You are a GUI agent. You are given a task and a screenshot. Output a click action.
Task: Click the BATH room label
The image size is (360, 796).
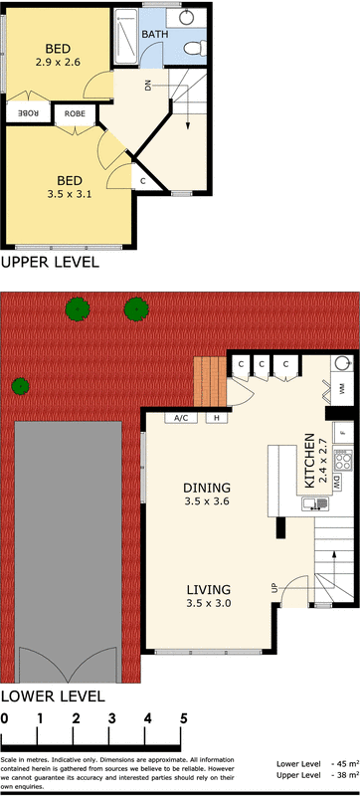[154, 35]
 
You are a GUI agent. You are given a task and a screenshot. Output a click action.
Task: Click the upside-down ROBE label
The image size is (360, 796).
[27, 113]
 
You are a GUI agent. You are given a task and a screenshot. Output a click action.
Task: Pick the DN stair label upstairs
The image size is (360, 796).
[147, 86]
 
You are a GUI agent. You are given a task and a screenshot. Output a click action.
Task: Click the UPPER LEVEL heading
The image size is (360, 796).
[50, 263]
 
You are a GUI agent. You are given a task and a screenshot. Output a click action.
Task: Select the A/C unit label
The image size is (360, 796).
[181, 418]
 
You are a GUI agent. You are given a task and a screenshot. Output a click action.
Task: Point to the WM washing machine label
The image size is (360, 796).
[341, 389]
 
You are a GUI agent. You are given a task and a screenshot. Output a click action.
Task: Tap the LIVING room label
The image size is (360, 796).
[207, 588]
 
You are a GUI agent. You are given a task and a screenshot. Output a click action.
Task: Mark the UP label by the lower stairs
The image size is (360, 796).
[274, 589]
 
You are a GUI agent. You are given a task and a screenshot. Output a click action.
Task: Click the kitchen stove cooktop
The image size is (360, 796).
[343, 460]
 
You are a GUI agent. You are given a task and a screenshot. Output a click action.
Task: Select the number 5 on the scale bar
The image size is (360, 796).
[183, 718]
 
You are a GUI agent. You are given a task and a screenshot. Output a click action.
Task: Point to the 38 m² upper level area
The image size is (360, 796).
[344, 775]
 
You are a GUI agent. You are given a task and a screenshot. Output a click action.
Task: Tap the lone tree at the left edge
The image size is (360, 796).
[20, 386]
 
